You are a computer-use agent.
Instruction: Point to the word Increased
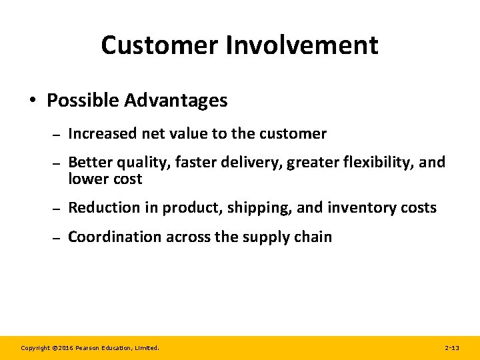click(103, 133)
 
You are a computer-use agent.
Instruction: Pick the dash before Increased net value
click(56, 134)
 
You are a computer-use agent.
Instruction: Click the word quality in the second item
click(143, 163)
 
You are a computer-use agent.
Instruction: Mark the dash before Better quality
click(56, 163)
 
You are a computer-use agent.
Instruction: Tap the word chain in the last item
click(313, 237)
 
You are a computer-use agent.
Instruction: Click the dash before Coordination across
click(56, 237)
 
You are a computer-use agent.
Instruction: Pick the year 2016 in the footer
click(64, 348)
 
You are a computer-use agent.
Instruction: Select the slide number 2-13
click(451, 348)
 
